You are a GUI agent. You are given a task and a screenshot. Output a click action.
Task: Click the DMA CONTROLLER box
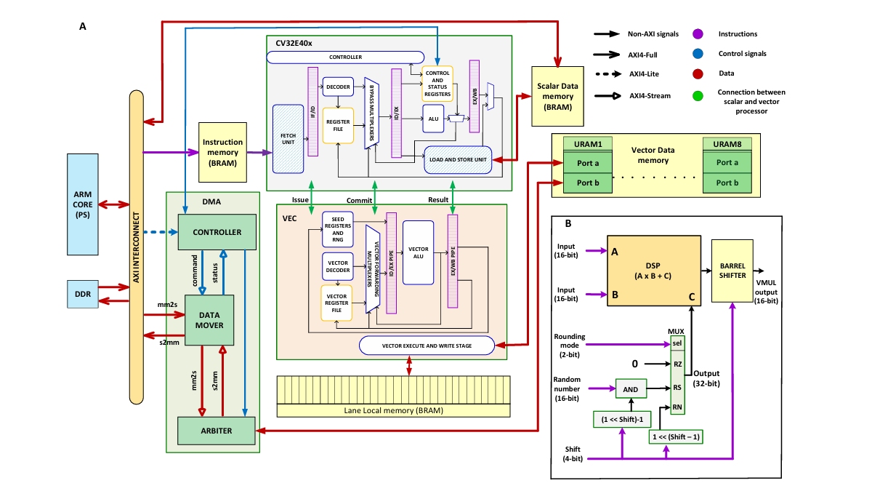[218, 233]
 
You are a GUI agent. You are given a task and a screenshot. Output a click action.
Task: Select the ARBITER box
[216, 431]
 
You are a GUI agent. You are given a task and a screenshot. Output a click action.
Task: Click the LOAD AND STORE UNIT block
[458, 160]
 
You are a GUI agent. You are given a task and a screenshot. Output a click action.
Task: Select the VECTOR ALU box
[419, 252]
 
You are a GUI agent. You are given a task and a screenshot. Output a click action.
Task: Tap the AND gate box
[631, 389]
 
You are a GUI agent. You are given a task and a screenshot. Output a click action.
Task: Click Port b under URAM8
[727, 183]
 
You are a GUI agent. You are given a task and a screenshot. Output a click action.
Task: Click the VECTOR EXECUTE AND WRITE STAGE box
[427, 345]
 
